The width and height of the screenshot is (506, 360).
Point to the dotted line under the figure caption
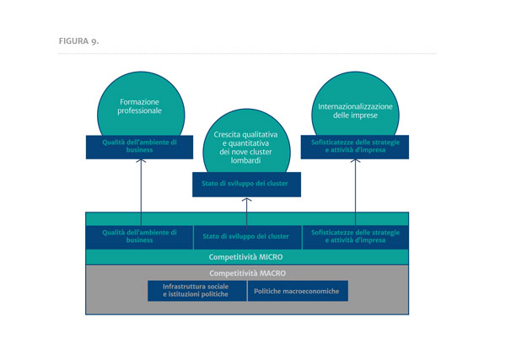point(247,54)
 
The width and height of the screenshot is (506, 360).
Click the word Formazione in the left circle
point(139,102)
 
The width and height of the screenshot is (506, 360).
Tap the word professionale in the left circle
point(139,110)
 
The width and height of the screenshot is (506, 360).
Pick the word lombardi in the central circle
point(245,160)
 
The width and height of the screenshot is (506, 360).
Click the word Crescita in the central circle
point(227,134)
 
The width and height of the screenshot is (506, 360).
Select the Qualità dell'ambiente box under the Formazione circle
point(139,147)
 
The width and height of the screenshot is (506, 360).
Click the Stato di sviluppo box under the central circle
point(246,184)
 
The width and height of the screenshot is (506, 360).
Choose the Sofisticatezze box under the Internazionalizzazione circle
point(355,147)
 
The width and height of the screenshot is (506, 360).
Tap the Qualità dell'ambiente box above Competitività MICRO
point(139,237)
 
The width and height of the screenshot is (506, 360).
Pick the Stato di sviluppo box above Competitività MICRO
point(247,237)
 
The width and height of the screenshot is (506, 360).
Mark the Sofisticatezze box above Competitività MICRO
point(356,237)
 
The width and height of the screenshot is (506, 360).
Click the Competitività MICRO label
point(245,257)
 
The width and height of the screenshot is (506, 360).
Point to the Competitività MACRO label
point(247,273)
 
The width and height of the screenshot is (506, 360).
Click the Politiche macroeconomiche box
point(298,291)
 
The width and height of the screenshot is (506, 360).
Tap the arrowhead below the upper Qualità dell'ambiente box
point(141,160)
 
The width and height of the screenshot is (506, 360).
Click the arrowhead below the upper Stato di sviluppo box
point(246,200)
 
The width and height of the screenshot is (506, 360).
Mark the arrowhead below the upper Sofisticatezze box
point(355,160)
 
